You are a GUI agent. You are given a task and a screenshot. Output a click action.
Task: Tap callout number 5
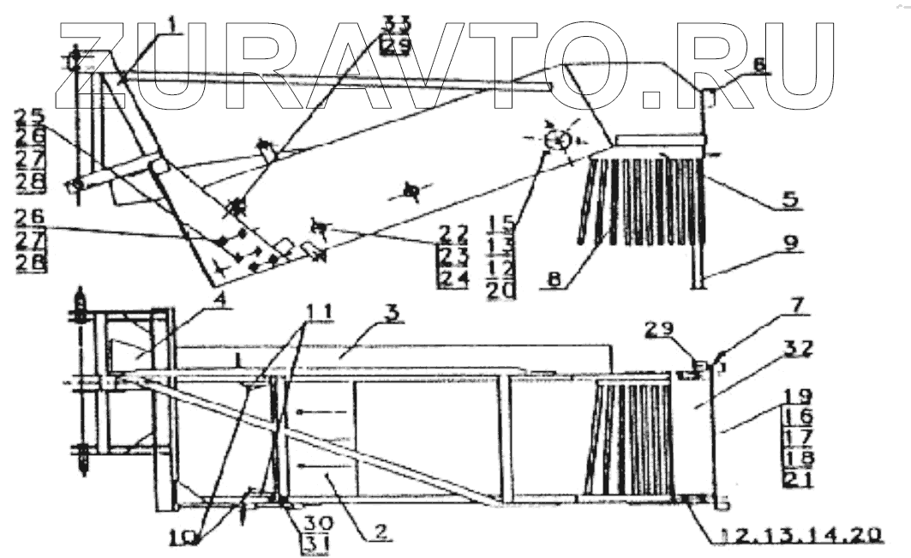[x=789, y=200]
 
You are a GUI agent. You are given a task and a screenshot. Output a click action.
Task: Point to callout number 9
[x=788, y=243]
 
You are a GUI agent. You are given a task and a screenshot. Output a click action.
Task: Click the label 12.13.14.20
[x=798, y=534]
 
